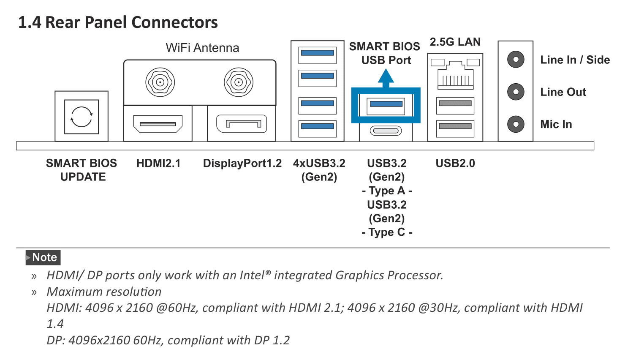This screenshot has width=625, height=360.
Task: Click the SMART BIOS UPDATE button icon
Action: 82,117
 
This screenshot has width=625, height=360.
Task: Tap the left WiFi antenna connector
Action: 160,82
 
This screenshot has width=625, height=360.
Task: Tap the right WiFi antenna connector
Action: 239,82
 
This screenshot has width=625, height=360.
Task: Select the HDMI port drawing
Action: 158,123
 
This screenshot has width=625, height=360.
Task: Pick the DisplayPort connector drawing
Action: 242,123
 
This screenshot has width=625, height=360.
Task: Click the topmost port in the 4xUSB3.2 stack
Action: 318,54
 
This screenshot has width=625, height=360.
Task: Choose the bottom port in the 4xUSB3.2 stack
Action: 318,127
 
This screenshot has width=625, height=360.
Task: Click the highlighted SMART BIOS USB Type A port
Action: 386,104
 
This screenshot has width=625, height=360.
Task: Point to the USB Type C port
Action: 386,131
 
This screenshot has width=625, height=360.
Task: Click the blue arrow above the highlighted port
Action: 386,78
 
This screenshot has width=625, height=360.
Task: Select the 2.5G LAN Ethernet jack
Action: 455,75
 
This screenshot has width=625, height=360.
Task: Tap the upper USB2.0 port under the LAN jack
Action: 455,104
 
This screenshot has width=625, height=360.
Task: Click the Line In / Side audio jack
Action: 516,60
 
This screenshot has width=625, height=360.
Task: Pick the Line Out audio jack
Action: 516,92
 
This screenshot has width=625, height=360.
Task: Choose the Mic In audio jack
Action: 516,124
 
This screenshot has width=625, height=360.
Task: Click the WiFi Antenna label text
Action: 202,48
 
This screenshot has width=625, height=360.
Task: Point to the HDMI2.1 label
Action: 158,163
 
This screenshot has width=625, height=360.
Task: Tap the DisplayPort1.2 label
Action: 242,163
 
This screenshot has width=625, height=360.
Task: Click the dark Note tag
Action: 43,257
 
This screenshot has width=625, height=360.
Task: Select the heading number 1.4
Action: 30,22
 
